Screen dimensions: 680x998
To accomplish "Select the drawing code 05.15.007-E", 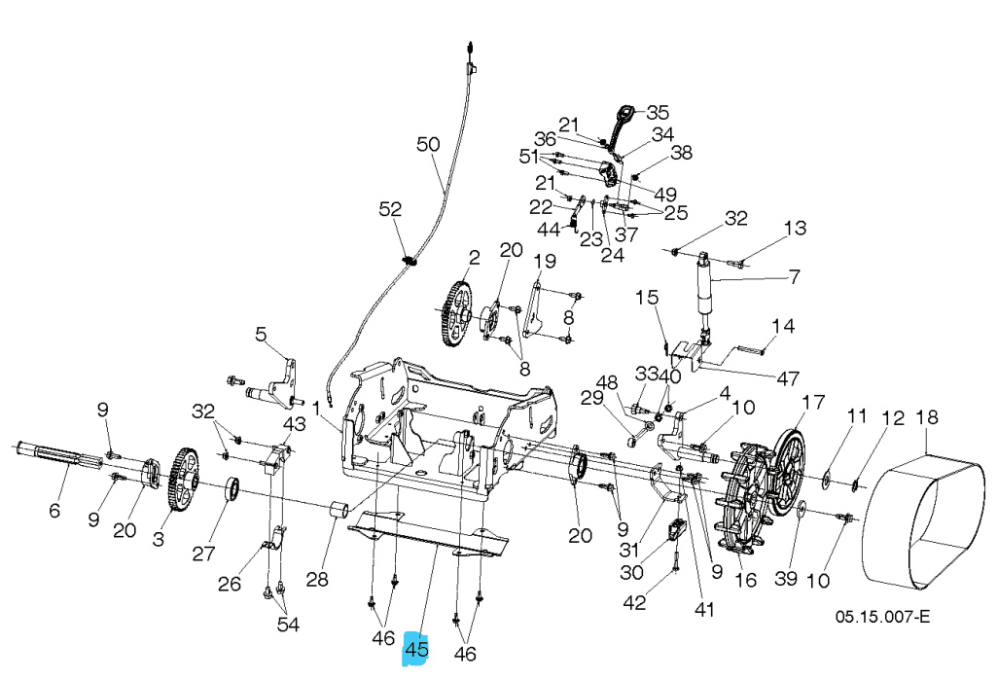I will (883, 618).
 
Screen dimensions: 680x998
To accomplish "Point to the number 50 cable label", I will (428, 145).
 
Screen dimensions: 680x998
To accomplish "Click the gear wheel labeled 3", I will (182, 480).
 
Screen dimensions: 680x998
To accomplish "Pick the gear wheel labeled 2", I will (456, 313).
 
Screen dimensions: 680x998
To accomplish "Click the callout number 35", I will (659, 112).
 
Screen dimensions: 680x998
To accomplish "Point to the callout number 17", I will (812, 402).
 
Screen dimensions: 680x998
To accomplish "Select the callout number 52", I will (390, 209).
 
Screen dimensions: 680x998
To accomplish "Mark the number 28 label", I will (317, 581).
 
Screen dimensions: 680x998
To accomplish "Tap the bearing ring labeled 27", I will (233, 489).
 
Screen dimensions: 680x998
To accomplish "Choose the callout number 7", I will (794, 277).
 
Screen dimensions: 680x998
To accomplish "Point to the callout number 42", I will (634, 603).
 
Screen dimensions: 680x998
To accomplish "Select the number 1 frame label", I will (317, 406).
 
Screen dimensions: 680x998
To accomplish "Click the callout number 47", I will (789, 376).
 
